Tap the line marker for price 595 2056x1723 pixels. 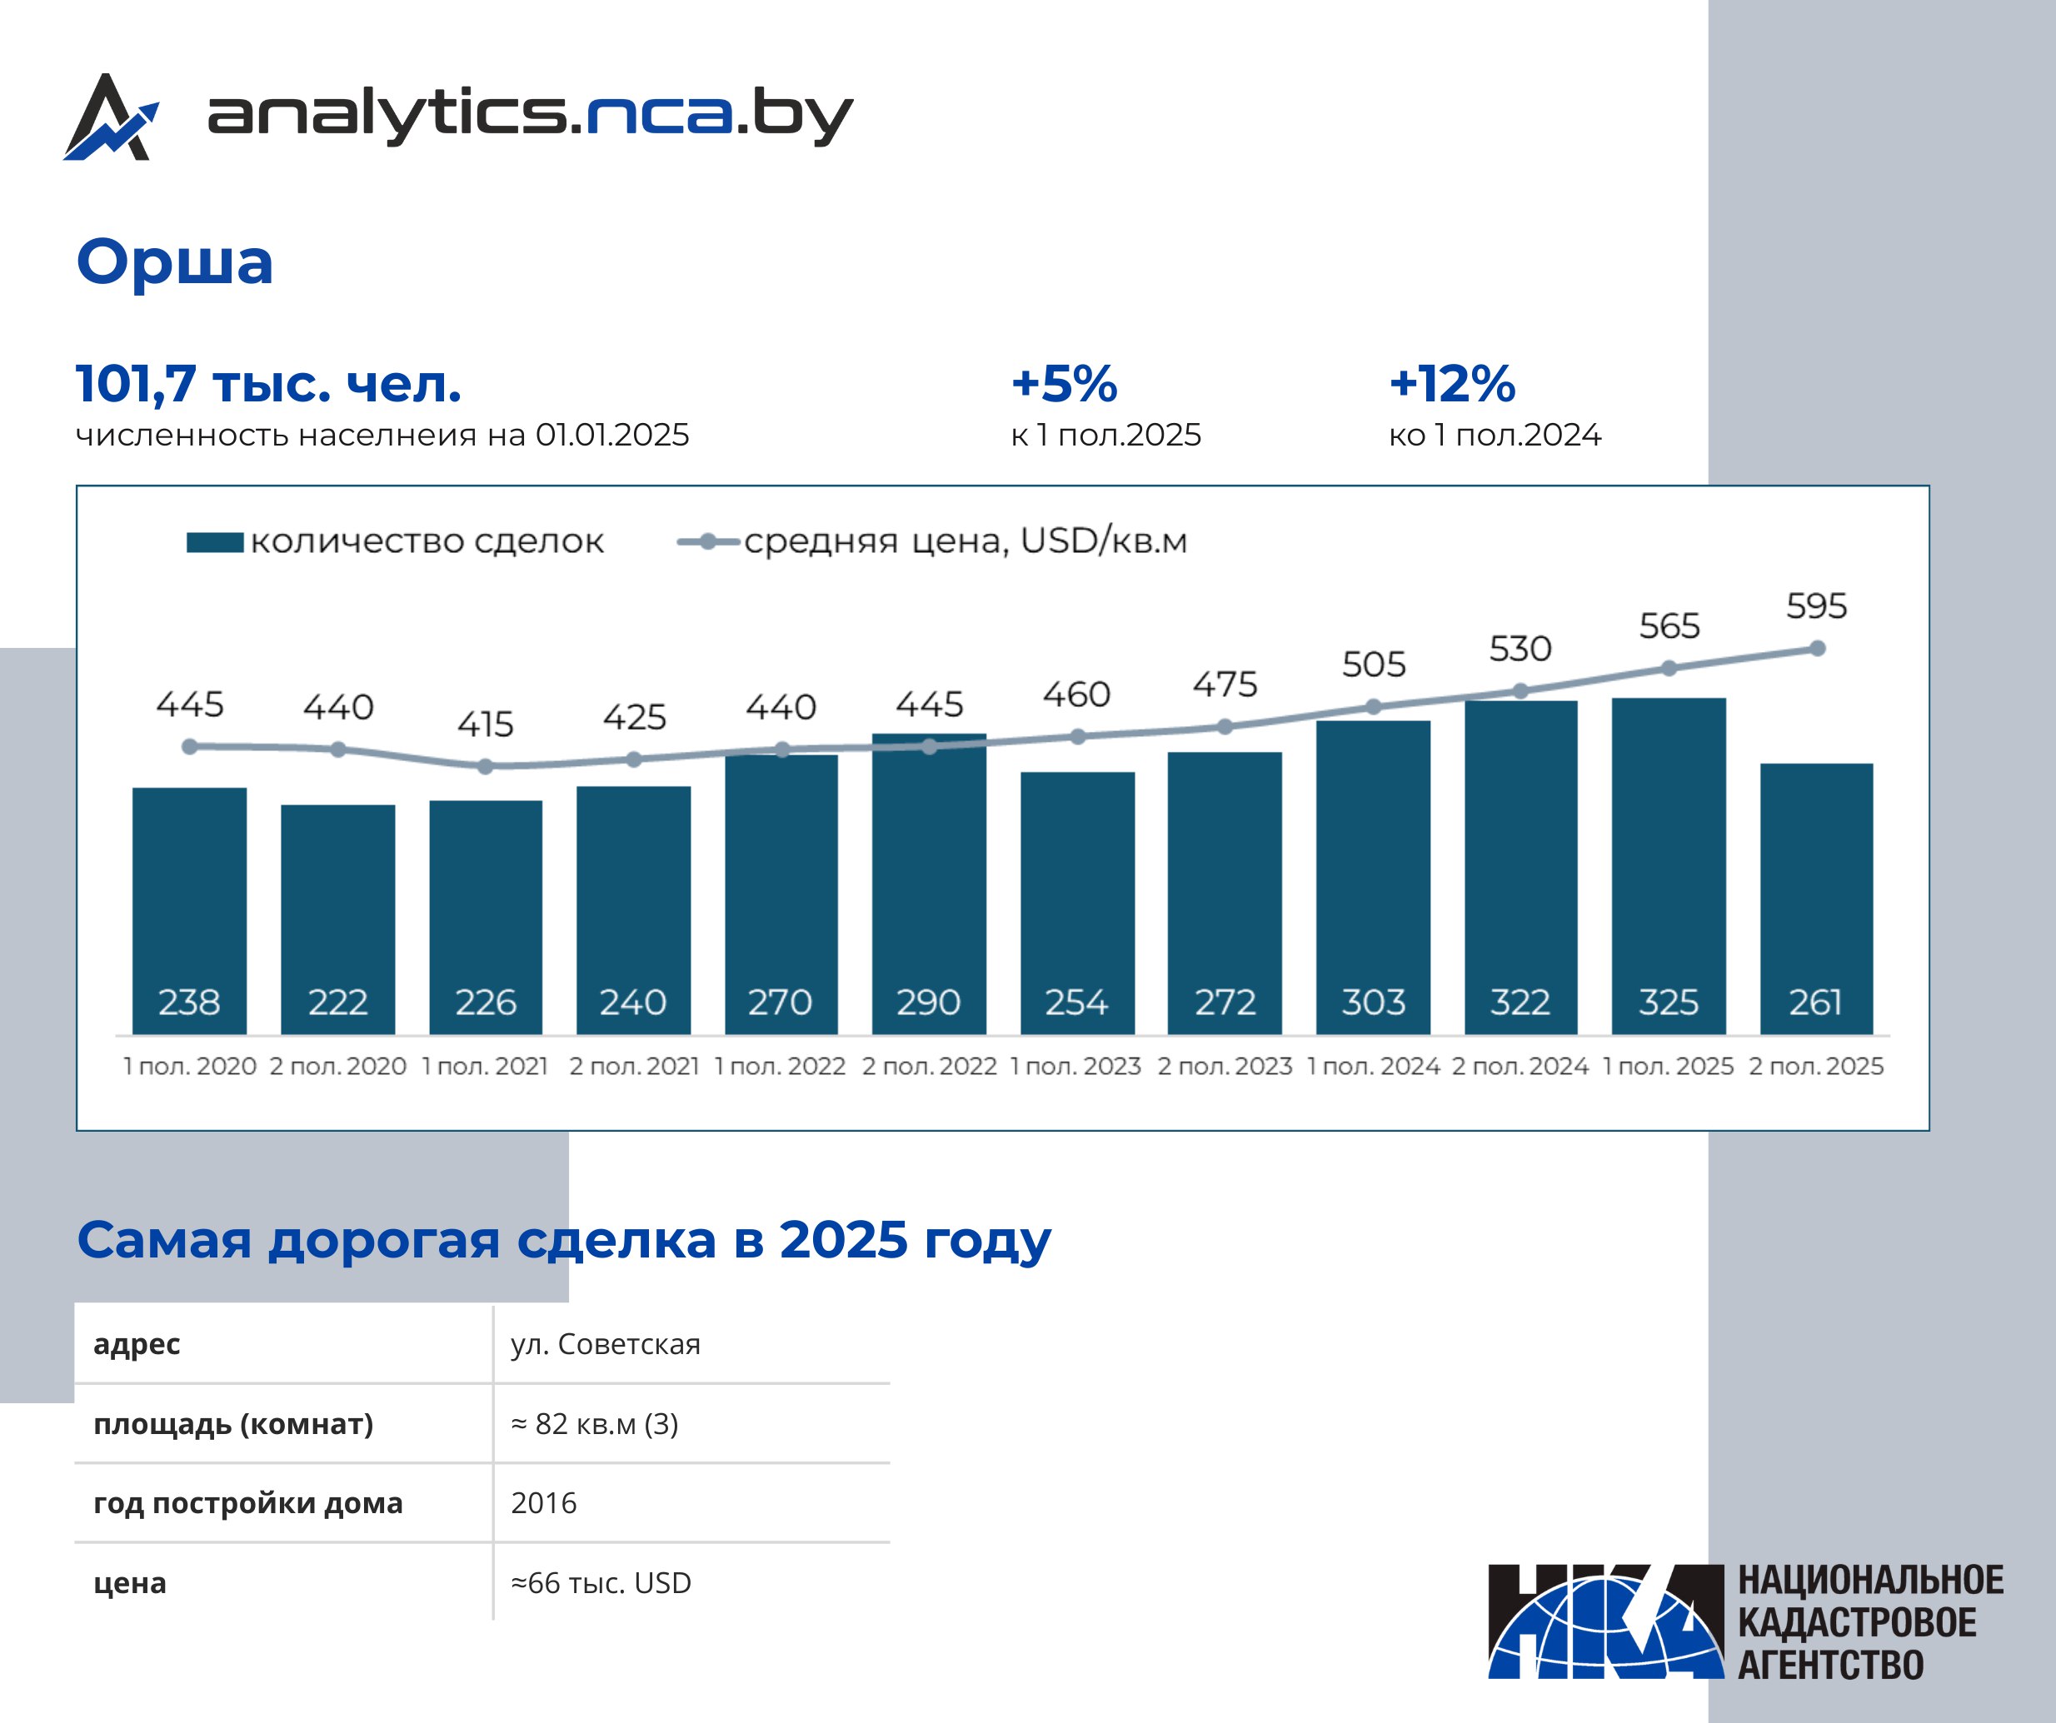(x=1817, y=648)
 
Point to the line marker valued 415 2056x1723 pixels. (x=486, y=766)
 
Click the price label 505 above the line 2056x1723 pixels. (x=1374, y=665)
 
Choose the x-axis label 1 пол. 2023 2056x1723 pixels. (x=1076, y=1066)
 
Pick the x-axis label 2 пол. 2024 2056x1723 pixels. (x=1520, y=1066)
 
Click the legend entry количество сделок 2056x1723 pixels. (x=396, y=541)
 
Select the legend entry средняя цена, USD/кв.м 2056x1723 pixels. (x=932, y=541)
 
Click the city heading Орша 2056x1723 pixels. (x=174, y=262)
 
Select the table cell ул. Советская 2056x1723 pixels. (x=605, y=1344)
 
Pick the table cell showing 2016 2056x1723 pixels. (x=543, y=1502)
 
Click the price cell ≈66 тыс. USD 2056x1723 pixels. (x=600, y=1583)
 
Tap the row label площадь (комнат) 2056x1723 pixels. (x=233, y=1423)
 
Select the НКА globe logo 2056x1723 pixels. (x=1605, y=1622)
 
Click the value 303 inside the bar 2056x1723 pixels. (x=1373, y=1003)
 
